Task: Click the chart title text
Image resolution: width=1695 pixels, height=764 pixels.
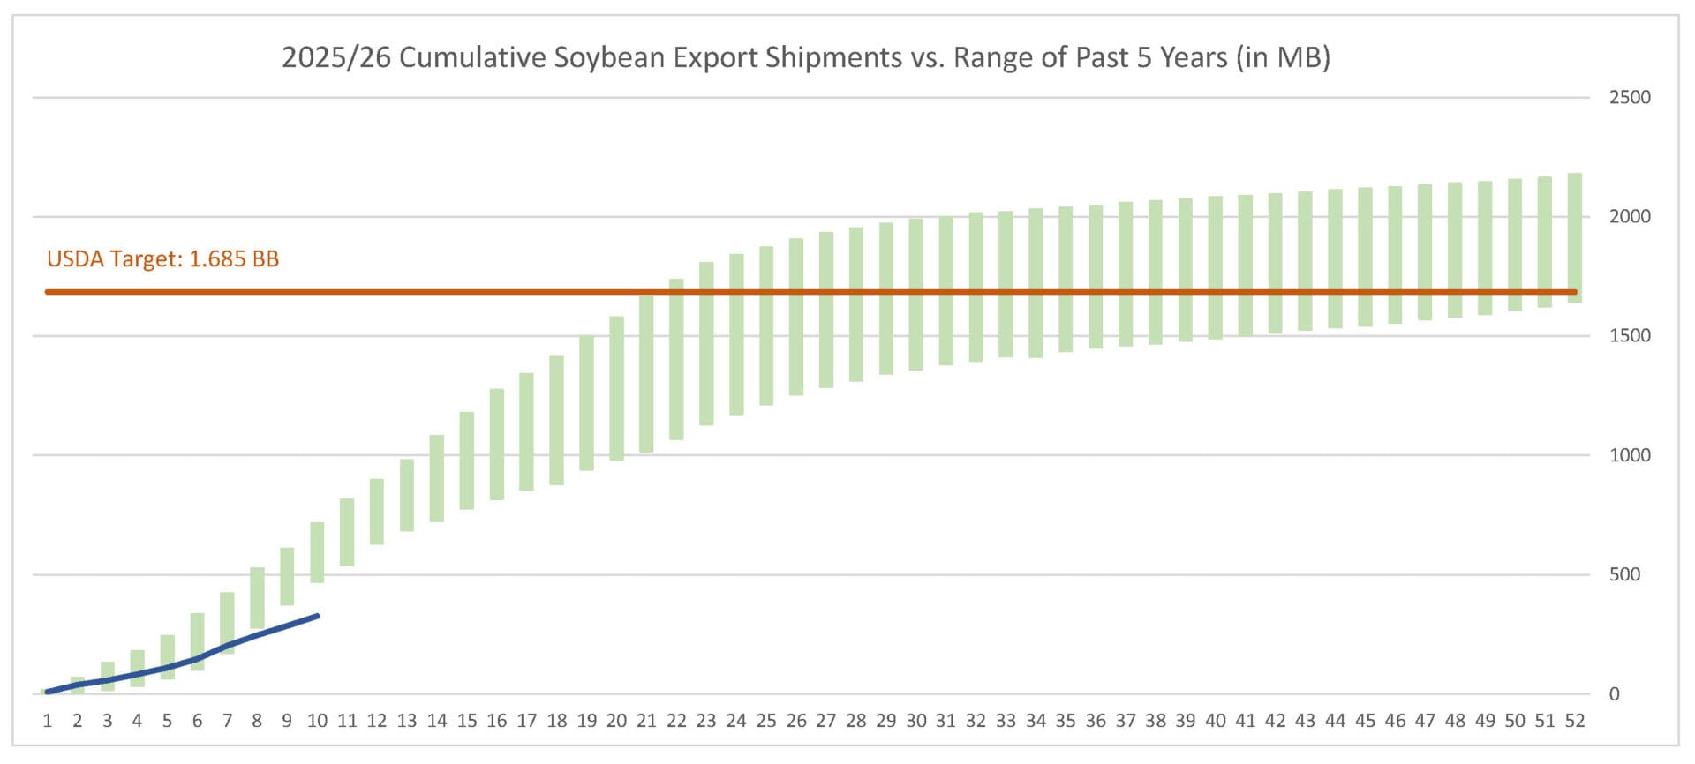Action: pos(805,57)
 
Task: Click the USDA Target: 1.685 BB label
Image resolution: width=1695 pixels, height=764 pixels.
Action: pos(162,259)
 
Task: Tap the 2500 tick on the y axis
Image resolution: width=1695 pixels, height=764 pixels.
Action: pos(1629,98)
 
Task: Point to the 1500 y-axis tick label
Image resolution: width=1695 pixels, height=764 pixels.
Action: pos(1629,336)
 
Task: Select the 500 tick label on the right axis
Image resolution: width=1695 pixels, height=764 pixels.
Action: pos(1623,575)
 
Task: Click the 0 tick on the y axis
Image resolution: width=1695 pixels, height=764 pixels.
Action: pos(1614,694)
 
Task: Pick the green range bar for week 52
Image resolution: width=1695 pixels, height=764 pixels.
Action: pos(1574,238)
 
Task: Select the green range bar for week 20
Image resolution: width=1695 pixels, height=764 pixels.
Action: pos(616,388)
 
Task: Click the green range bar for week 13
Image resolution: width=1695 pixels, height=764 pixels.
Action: pos(407,495)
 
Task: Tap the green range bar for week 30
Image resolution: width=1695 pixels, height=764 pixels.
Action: pos(915,295)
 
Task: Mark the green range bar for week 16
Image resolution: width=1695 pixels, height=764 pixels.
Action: pos(497,445)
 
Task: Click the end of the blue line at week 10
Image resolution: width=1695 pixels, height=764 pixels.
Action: pos(317,616)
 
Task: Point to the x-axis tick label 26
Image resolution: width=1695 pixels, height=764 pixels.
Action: pos(796,722)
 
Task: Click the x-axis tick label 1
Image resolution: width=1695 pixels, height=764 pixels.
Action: pos(48,722)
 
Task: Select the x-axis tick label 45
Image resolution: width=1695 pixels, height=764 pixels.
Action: pos(1365,722)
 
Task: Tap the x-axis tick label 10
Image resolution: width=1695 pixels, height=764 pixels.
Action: pos(317,722)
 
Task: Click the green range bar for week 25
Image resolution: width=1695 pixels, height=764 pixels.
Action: pos(766,326)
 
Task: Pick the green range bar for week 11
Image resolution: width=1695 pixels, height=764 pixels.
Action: pos(347,532)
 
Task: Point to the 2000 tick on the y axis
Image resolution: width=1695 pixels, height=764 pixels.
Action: pos(1629,217)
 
